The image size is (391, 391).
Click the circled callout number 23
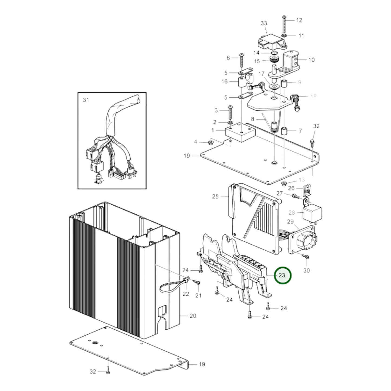point(282,275)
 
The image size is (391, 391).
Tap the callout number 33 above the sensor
point(264,23)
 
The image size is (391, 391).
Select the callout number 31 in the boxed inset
point(86,100)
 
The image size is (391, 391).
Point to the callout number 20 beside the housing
point(193,316)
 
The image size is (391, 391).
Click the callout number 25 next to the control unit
point(215,196)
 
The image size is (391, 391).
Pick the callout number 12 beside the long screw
point(299,20)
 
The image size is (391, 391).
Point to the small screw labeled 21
point(198,282)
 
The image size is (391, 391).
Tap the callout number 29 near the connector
point(290,222)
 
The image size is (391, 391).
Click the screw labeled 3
point(231,112)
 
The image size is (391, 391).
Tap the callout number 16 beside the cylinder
point(225,81)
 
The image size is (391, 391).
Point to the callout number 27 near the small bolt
point(279,193)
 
